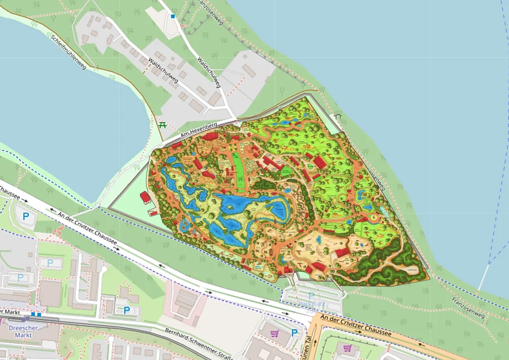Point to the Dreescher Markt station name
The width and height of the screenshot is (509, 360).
pos(20,331)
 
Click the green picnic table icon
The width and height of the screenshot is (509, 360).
pos(162,125)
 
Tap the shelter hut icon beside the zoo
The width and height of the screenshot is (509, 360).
pos(339,117)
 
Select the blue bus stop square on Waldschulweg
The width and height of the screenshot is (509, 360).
pos(173,16)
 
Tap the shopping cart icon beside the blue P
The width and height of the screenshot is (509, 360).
pos(273,334)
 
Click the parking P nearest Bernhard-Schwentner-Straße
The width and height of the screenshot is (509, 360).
pos(126,310)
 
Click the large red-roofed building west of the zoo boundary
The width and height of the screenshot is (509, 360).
pos(145,197)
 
